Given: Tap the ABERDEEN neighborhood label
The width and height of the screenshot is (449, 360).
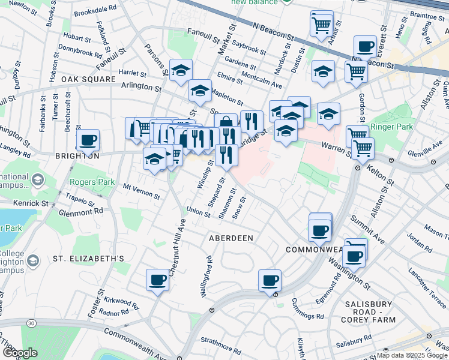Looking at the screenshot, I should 231,238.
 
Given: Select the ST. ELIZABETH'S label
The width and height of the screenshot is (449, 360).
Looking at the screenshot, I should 88,259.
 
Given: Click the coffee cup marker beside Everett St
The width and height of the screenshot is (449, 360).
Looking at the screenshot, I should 364,47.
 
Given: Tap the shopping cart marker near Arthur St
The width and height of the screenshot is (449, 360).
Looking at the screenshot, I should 321,24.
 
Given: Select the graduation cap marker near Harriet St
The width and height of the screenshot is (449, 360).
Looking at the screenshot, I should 181,71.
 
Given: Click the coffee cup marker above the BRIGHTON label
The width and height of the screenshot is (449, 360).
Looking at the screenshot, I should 88,140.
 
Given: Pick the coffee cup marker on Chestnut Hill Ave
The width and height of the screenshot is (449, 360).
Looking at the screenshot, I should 158,280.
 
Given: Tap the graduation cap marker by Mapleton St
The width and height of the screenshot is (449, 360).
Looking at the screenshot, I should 200,91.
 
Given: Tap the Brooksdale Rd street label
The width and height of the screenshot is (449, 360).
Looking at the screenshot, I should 95,12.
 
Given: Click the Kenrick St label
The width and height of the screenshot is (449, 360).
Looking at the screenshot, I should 31,203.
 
